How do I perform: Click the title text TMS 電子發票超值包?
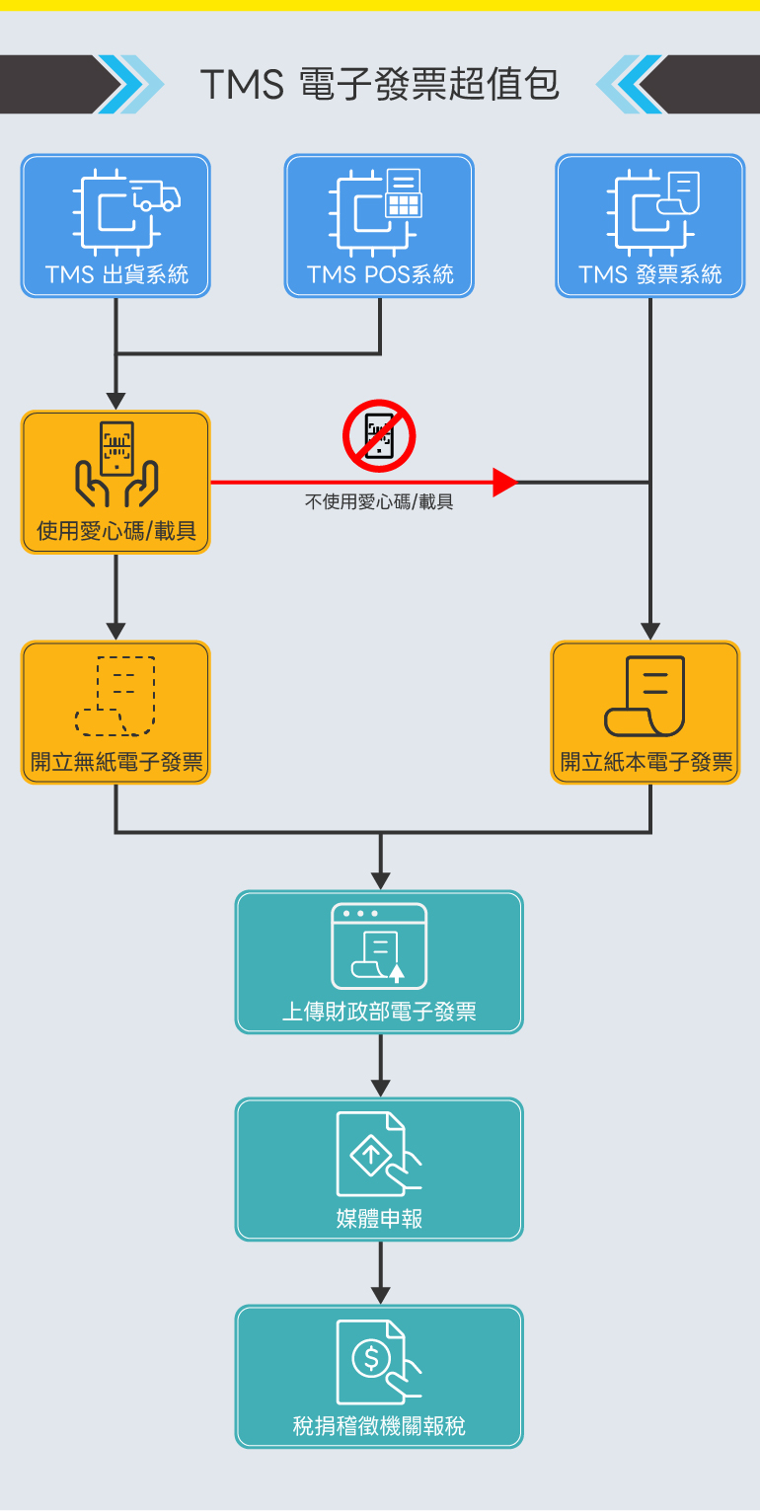[380, 84]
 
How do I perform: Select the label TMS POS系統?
[380, 274]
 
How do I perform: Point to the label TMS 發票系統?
[650, 274]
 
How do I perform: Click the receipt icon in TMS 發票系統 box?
[679, 193]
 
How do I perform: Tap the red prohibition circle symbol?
[379, 436]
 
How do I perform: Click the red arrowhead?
[504, 483]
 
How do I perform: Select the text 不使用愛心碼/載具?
[379, 502]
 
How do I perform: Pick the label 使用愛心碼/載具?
[116, 532]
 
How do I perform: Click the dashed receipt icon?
[116, 696]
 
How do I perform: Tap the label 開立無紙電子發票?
[116, 762]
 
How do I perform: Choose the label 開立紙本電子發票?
[646, 762]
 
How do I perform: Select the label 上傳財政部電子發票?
[379, 1012]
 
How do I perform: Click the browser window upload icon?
[379, 946]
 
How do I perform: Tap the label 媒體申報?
[379, 1219]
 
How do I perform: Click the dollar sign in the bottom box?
[371, 1358]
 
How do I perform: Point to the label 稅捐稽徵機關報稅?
[379, 1426]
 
